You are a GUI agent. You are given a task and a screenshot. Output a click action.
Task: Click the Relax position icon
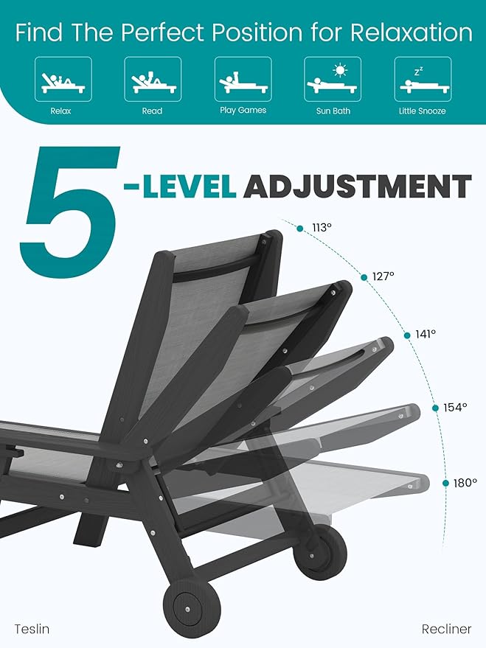[63, 80]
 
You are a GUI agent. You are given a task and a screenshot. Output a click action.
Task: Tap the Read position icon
[153, 80]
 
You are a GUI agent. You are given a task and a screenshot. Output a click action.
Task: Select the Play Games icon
[243, 80]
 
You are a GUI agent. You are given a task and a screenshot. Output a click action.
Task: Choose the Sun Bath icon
[332, 80]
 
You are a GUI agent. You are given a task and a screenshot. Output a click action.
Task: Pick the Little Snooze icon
[422, 80]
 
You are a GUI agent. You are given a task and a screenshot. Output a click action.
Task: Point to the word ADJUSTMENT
[357, 186]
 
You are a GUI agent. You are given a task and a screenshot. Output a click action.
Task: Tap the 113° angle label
[322, 228]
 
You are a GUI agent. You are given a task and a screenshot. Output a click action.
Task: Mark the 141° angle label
[426, 334]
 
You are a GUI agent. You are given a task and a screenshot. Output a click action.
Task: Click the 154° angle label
[455, 407]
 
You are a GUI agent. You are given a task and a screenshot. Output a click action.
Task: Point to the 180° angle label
[465, 483]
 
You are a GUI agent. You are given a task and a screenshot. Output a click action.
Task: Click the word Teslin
[32, 629]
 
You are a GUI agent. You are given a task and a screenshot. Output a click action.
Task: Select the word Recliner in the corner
[446, 629]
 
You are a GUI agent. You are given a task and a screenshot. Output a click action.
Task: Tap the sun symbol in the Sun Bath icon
[340, 71]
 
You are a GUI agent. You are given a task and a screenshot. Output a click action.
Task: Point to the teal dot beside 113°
[300, 229]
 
